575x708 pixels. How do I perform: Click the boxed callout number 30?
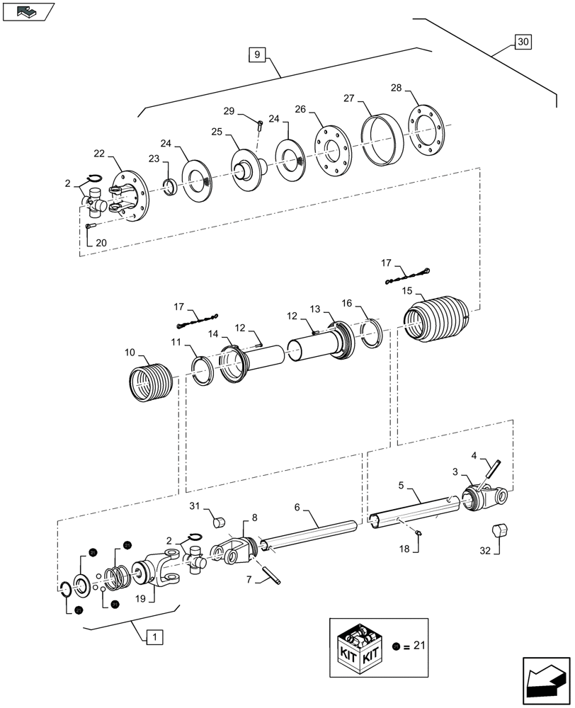coord(523,42)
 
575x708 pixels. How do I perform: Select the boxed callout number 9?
coord(256,54)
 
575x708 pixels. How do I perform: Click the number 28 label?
coord(396,88)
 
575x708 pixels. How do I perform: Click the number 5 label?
coord(402,487)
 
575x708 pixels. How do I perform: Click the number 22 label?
coord(99,154)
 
